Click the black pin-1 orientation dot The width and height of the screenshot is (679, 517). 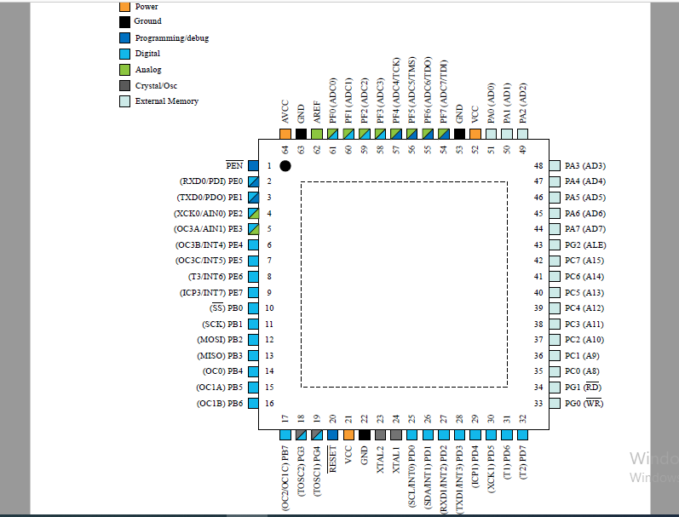285,166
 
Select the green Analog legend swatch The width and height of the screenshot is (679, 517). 124,70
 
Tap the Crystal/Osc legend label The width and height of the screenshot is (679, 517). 156,86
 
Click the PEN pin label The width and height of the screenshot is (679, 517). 234,165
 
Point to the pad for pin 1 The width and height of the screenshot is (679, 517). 253,166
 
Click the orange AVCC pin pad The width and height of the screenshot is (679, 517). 285,134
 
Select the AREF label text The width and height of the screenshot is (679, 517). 317,112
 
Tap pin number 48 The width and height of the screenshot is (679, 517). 538,166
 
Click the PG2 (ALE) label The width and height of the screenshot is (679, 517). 585,245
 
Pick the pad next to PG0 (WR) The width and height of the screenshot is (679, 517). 555,404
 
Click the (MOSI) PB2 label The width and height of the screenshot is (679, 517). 220,340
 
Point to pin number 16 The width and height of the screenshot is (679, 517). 269,404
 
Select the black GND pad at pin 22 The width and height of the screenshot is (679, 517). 364,434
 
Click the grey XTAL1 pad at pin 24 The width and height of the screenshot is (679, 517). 396,434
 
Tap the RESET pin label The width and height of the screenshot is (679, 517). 332,459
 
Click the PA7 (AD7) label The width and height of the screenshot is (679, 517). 585,229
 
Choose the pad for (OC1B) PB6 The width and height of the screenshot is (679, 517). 253,404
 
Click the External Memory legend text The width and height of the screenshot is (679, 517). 167,101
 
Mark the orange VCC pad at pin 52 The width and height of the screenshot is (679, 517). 475,134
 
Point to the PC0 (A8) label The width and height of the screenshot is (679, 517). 582,371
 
